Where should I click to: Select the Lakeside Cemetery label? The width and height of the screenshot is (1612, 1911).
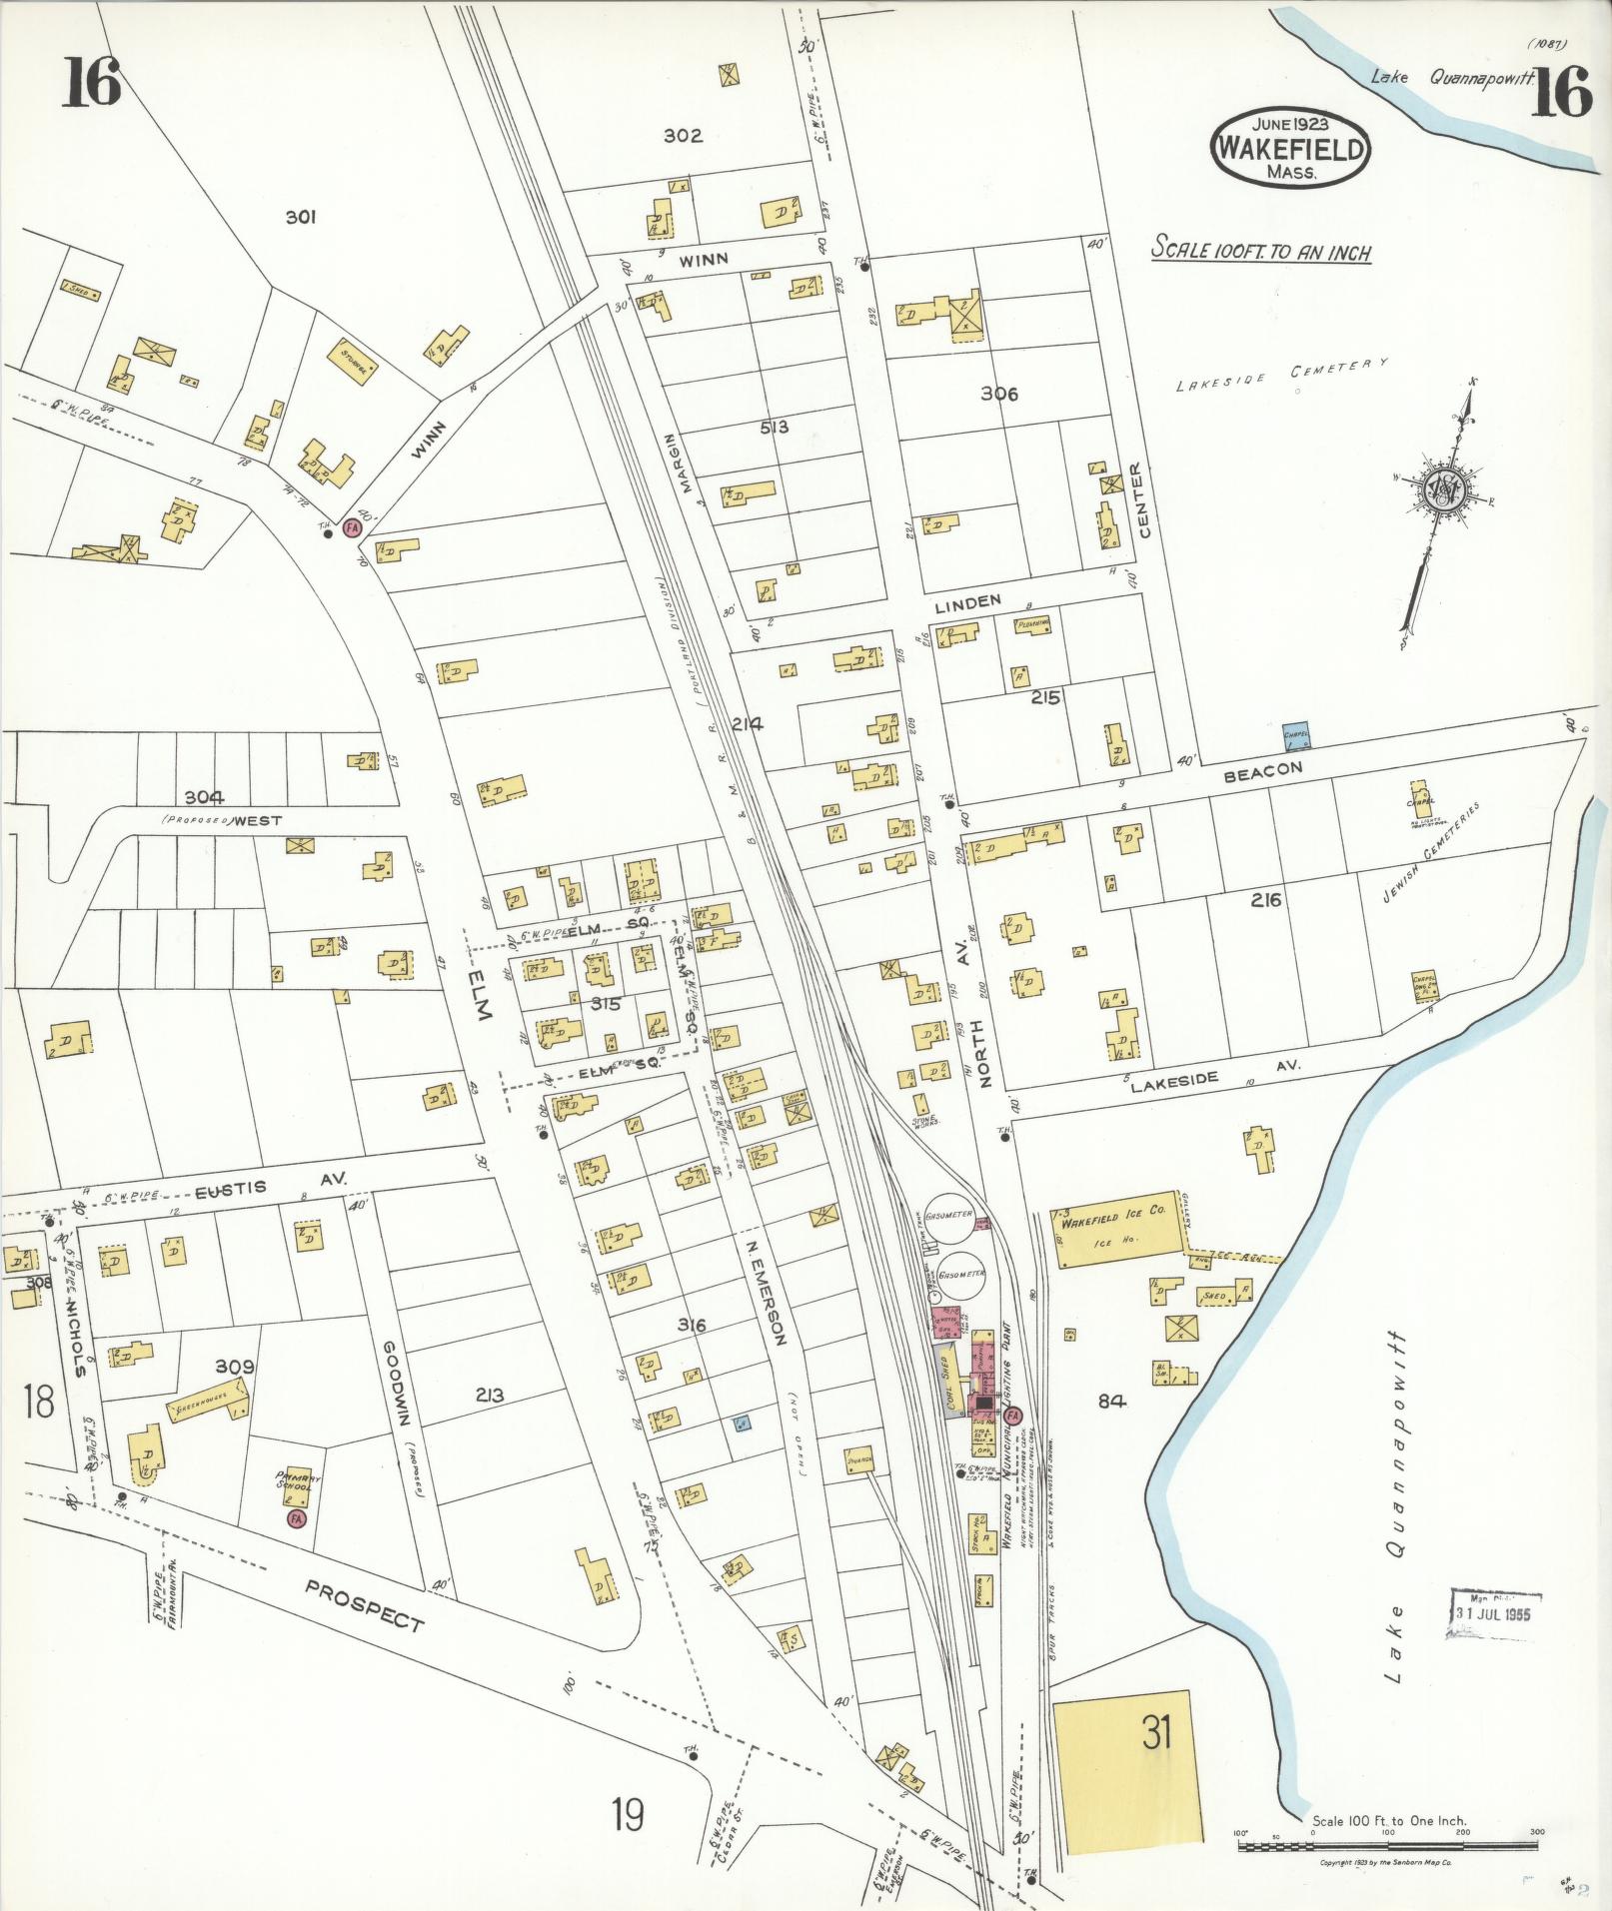(x=1282, y=375)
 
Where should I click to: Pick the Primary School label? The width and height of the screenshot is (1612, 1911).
(x=296, y=1479)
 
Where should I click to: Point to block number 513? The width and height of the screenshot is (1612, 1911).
(x=775, y=428)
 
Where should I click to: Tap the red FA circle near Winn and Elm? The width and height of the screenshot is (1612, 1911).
(x=352, y=526)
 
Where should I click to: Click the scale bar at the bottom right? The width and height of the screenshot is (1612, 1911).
(x=1388, y=1846)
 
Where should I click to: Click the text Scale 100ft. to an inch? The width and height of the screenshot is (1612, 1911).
(x=1261, y=250)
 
